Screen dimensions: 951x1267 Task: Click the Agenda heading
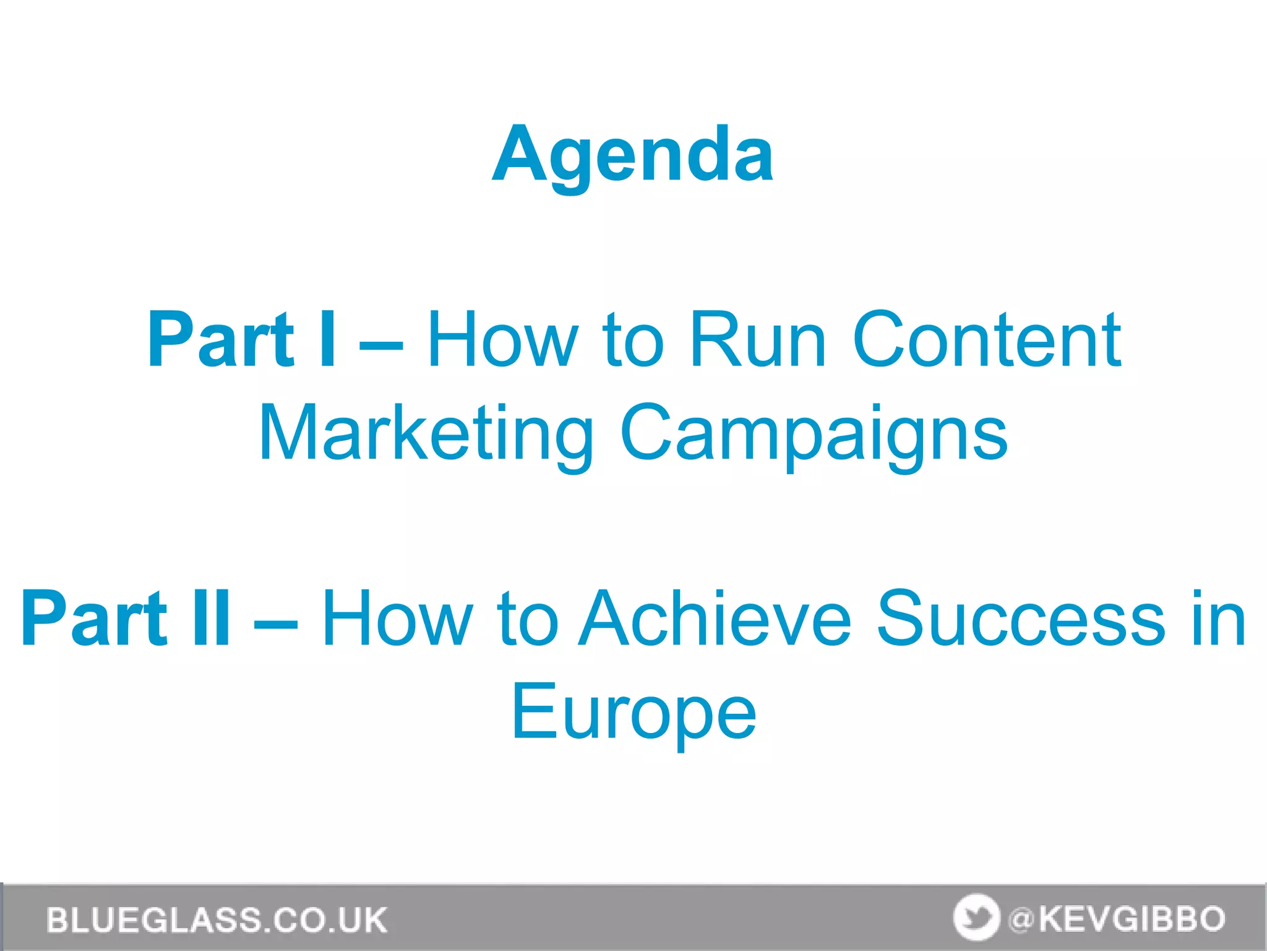(633, 155)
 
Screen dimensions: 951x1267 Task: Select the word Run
(757, 340)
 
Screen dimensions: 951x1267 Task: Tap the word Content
(986, 340)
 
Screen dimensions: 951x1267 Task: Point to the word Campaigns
(814, 433)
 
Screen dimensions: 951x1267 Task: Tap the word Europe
(633, 712)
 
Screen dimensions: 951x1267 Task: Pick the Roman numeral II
(211, 619)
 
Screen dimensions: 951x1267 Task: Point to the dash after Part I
(380, 342)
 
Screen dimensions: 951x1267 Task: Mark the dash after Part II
(276, 620)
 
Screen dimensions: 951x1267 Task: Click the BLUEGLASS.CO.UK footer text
(217, 920)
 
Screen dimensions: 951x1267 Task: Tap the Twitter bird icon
(976, 918)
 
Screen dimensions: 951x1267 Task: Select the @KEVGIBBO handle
(1117, 919)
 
